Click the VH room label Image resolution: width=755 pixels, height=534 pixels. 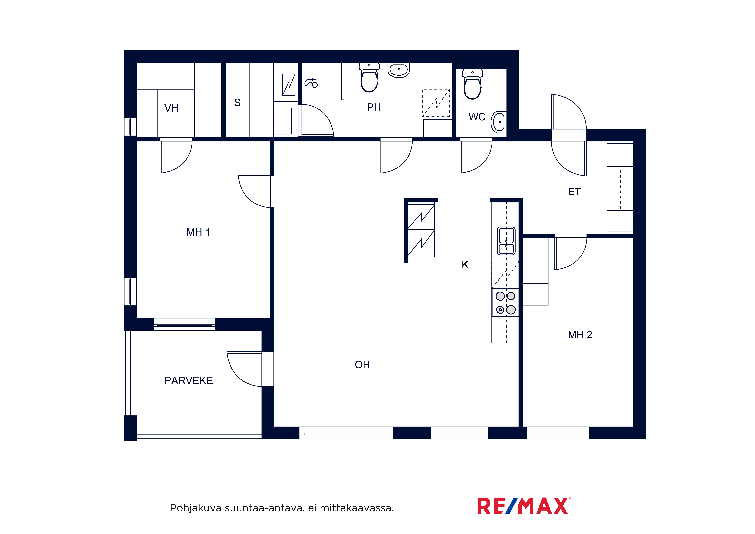point(171,108)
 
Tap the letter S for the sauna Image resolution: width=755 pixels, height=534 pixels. point(237,103)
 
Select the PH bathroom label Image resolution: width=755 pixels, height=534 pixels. point(374,107)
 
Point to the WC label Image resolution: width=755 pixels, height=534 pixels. point(477,117)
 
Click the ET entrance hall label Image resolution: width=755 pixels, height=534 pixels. point(574,192)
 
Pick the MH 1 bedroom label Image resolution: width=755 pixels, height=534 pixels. point(198,232)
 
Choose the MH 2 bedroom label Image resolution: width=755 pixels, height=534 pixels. point(580,335)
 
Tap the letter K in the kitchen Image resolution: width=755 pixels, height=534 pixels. point(465,265)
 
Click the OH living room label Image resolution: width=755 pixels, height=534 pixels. point(362,365)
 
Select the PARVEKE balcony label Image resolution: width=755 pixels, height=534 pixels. point(188,381)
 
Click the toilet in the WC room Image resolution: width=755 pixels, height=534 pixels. point(473,84)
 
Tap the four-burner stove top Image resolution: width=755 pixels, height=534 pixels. point(505,303)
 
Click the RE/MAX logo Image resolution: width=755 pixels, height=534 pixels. point(524,506)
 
